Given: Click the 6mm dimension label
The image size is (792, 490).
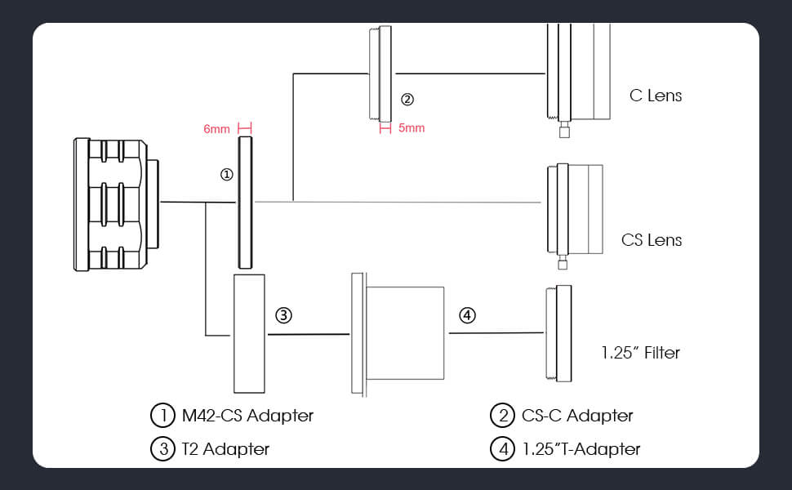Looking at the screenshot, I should pyautogui.click(x=216, y=128).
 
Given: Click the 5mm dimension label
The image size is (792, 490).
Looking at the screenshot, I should pyautogui.click(x=412, y=128).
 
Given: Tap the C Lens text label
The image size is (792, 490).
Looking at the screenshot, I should pyautogui.click(x=656, y=96).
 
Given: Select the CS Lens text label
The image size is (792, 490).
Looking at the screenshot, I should pyautogui.click(x=652, y=240).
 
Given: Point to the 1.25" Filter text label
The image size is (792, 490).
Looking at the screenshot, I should pyautogui.click(x=640, y=353).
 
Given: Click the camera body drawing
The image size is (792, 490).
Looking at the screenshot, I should pyautogui.click(x=114, y=204).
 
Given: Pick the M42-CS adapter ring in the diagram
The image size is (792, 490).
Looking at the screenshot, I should pyautogui.click(x=245, y=203).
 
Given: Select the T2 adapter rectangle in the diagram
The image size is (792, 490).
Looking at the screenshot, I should pyautogui.click(x=250, y=333).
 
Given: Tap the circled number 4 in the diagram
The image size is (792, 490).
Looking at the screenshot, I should pyautogui.click(x=466, y=314).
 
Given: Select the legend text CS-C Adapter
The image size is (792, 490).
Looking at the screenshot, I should pyautogui.click(x=576, y=416).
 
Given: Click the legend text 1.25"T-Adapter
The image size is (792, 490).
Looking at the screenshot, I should pyautogui.click(x=581, y=448).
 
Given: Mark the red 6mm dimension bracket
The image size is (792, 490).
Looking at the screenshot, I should pyautogui.click(x=244, y=128).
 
